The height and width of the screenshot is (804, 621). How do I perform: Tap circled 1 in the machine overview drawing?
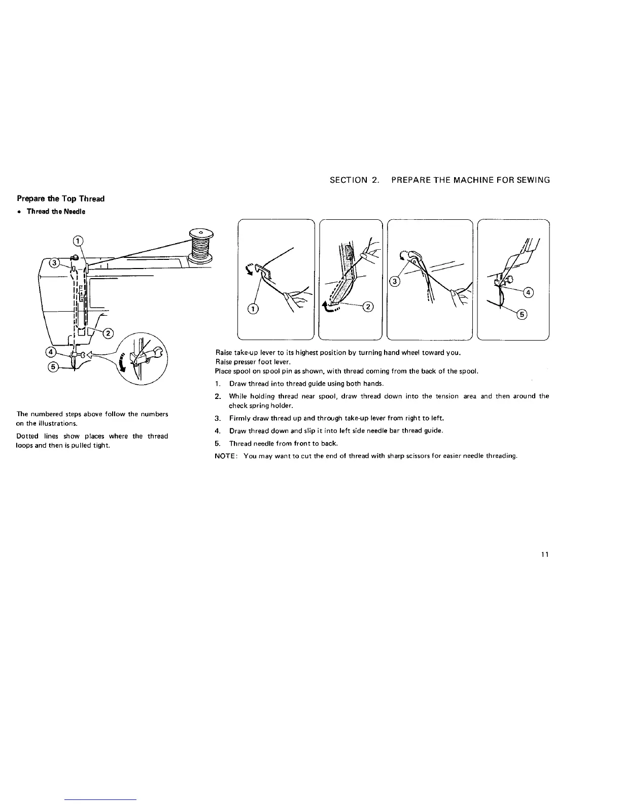coord(78,241)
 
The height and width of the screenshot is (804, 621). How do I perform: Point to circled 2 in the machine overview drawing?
coord(108,333)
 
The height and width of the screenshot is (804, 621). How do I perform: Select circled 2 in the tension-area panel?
coord(369,306)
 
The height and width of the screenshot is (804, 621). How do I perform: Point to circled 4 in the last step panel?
coord(528,292)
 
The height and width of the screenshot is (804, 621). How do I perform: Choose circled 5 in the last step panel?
coord(522,315)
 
